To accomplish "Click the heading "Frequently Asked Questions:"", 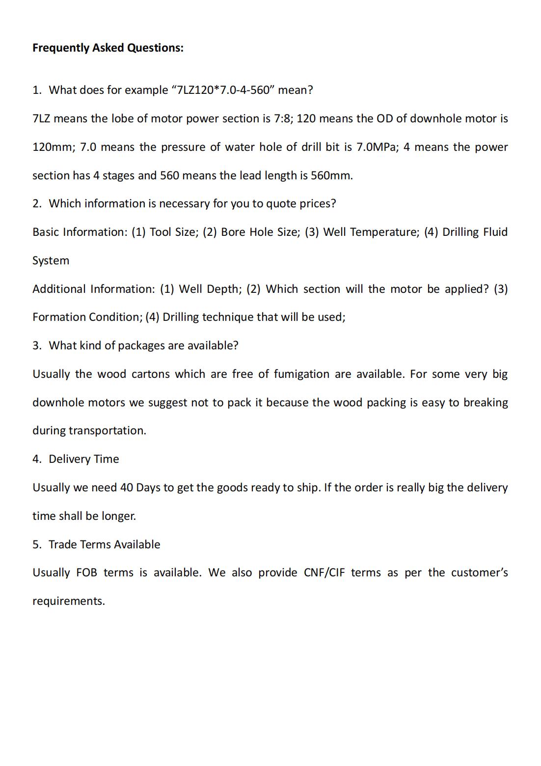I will point(108,48).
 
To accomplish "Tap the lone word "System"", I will point(51,260).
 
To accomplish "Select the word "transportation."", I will point(107,430).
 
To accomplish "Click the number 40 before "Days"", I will point(126,487).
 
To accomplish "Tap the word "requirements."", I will point(69,601).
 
